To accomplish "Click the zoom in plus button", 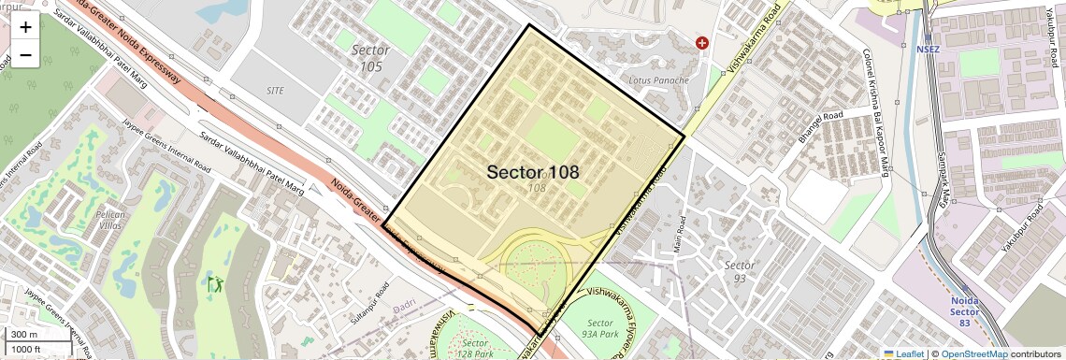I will pyautogui.click(x=25, y=27).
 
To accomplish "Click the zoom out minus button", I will pyautogui.click(x=25, y=55).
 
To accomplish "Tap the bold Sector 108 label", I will pyautogui.click(x=533, y=172).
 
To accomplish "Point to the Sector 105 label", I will pyautogui.click(x=370, y=57).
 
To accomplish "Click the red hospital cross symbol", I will pyautogui.click(x=702, y=43).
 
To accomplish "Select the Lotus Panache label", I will pyautogui.click(x=658, y=80).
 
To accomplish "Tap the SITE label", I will pyautogui.click(x=275, y=91).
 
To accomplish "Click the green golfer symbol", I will pyautogui.click(x=216, y=281).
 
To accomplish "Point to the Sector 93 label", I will pyautogui.click(x=740, y=271).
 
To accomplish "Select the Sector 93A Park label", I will pyautogui.click(x=599, y=328).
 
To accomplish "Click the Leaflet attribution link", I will pyautogui.click(x=903, y=353).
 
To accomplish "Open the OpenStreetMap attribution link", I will pyautogui.click(x=973, y=353).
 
